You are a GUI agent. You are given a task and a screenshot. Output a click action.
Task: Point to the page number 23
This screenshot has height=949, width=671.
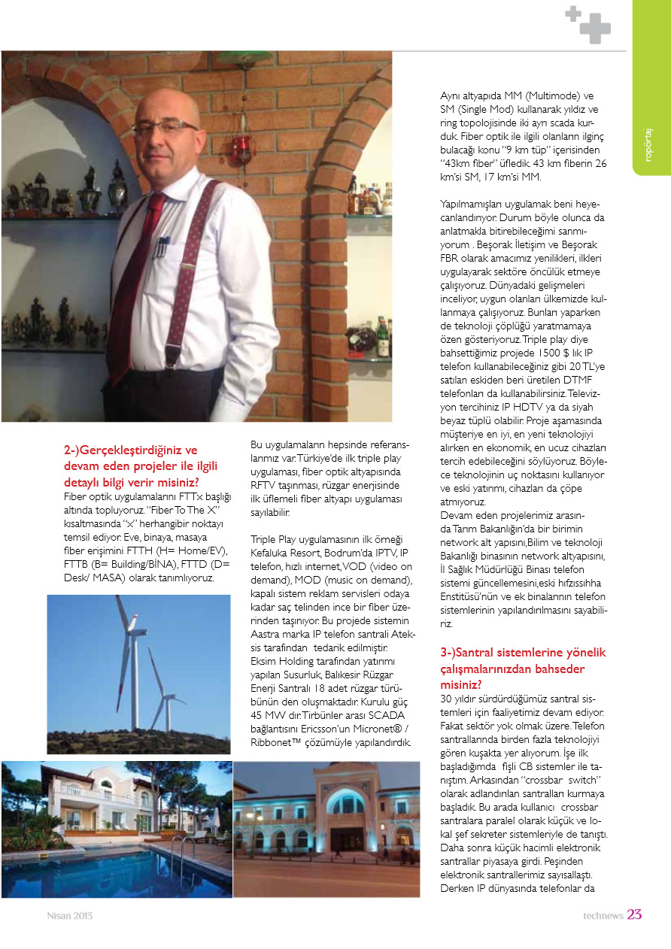click(635, 915)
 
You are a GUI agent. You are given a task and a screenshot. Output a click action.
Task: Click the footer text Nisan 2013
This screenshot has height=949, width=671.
click(70, 916)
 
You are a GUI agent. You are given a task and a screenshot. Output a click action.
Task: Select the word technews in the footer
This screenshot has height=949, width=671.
click(603, 916)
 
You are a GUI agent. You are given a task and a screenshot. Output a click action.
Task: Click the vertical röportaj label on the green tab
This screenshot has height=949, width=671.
click(648, 143)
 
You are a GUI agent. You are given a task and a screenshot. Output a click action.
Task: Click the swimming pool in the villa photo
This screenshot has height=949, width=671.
click(113, 872)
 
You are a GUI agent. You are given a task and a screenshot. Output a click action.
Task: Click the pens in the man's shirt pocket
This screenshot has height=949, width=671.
click(160, 244)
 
